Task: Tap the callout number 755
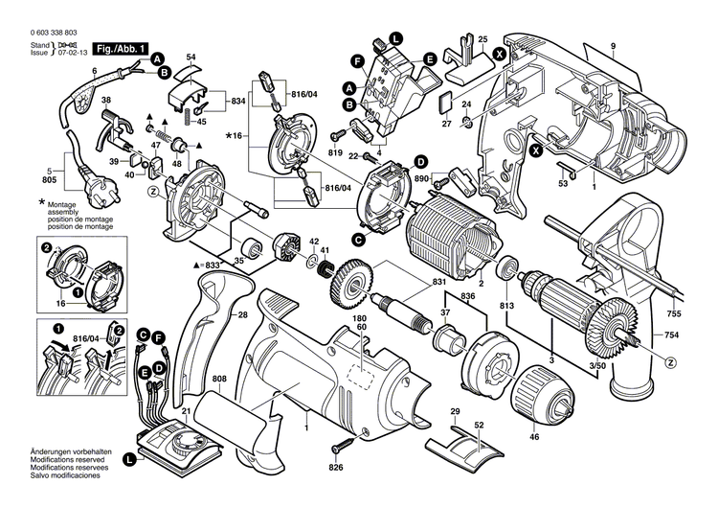[x=675, y=313]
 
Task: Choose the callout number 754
[x=675, y=335]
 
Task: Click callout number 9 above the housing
[x=611, y=47]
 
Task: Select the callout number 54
[x=191, y=59]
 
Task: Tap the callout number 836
[x=468, y=296]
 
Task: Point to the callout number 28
[x=244, y=314]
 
